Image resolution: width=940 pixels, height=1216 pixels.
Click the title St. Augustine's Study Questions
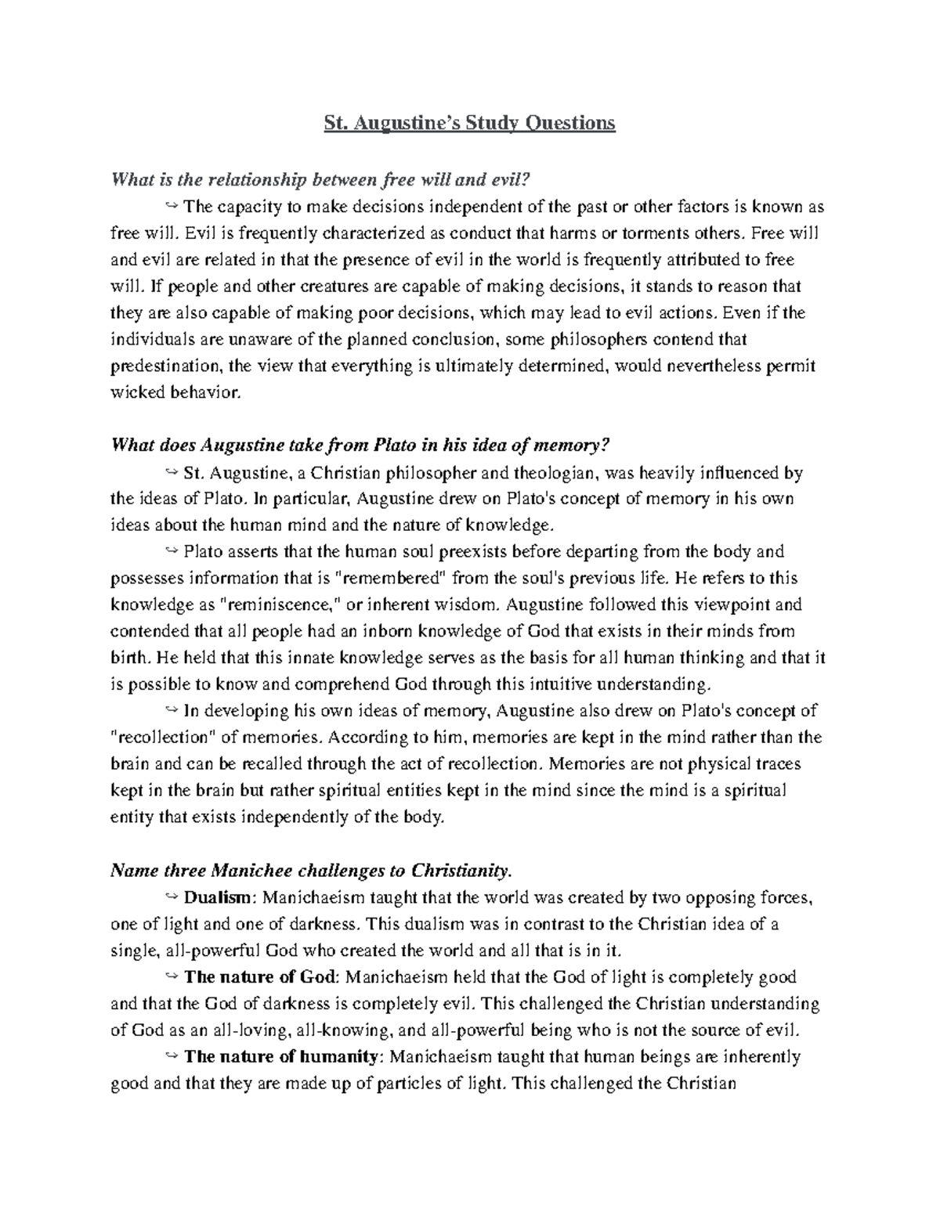coord(470,123)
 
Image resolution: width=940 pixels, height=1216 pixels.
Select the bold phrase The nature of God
coord(261,977)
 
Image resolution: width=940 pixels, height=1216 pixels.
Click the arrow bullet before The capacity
coord(172,207)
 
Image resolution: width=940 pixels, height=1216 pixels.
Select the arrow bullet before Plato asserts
coord(172,552)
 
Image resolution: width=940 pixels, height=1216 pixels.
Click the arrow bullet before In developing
coord(172,711)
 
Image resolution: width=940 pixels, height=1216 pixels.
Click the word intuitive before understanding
coord(548,685)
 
